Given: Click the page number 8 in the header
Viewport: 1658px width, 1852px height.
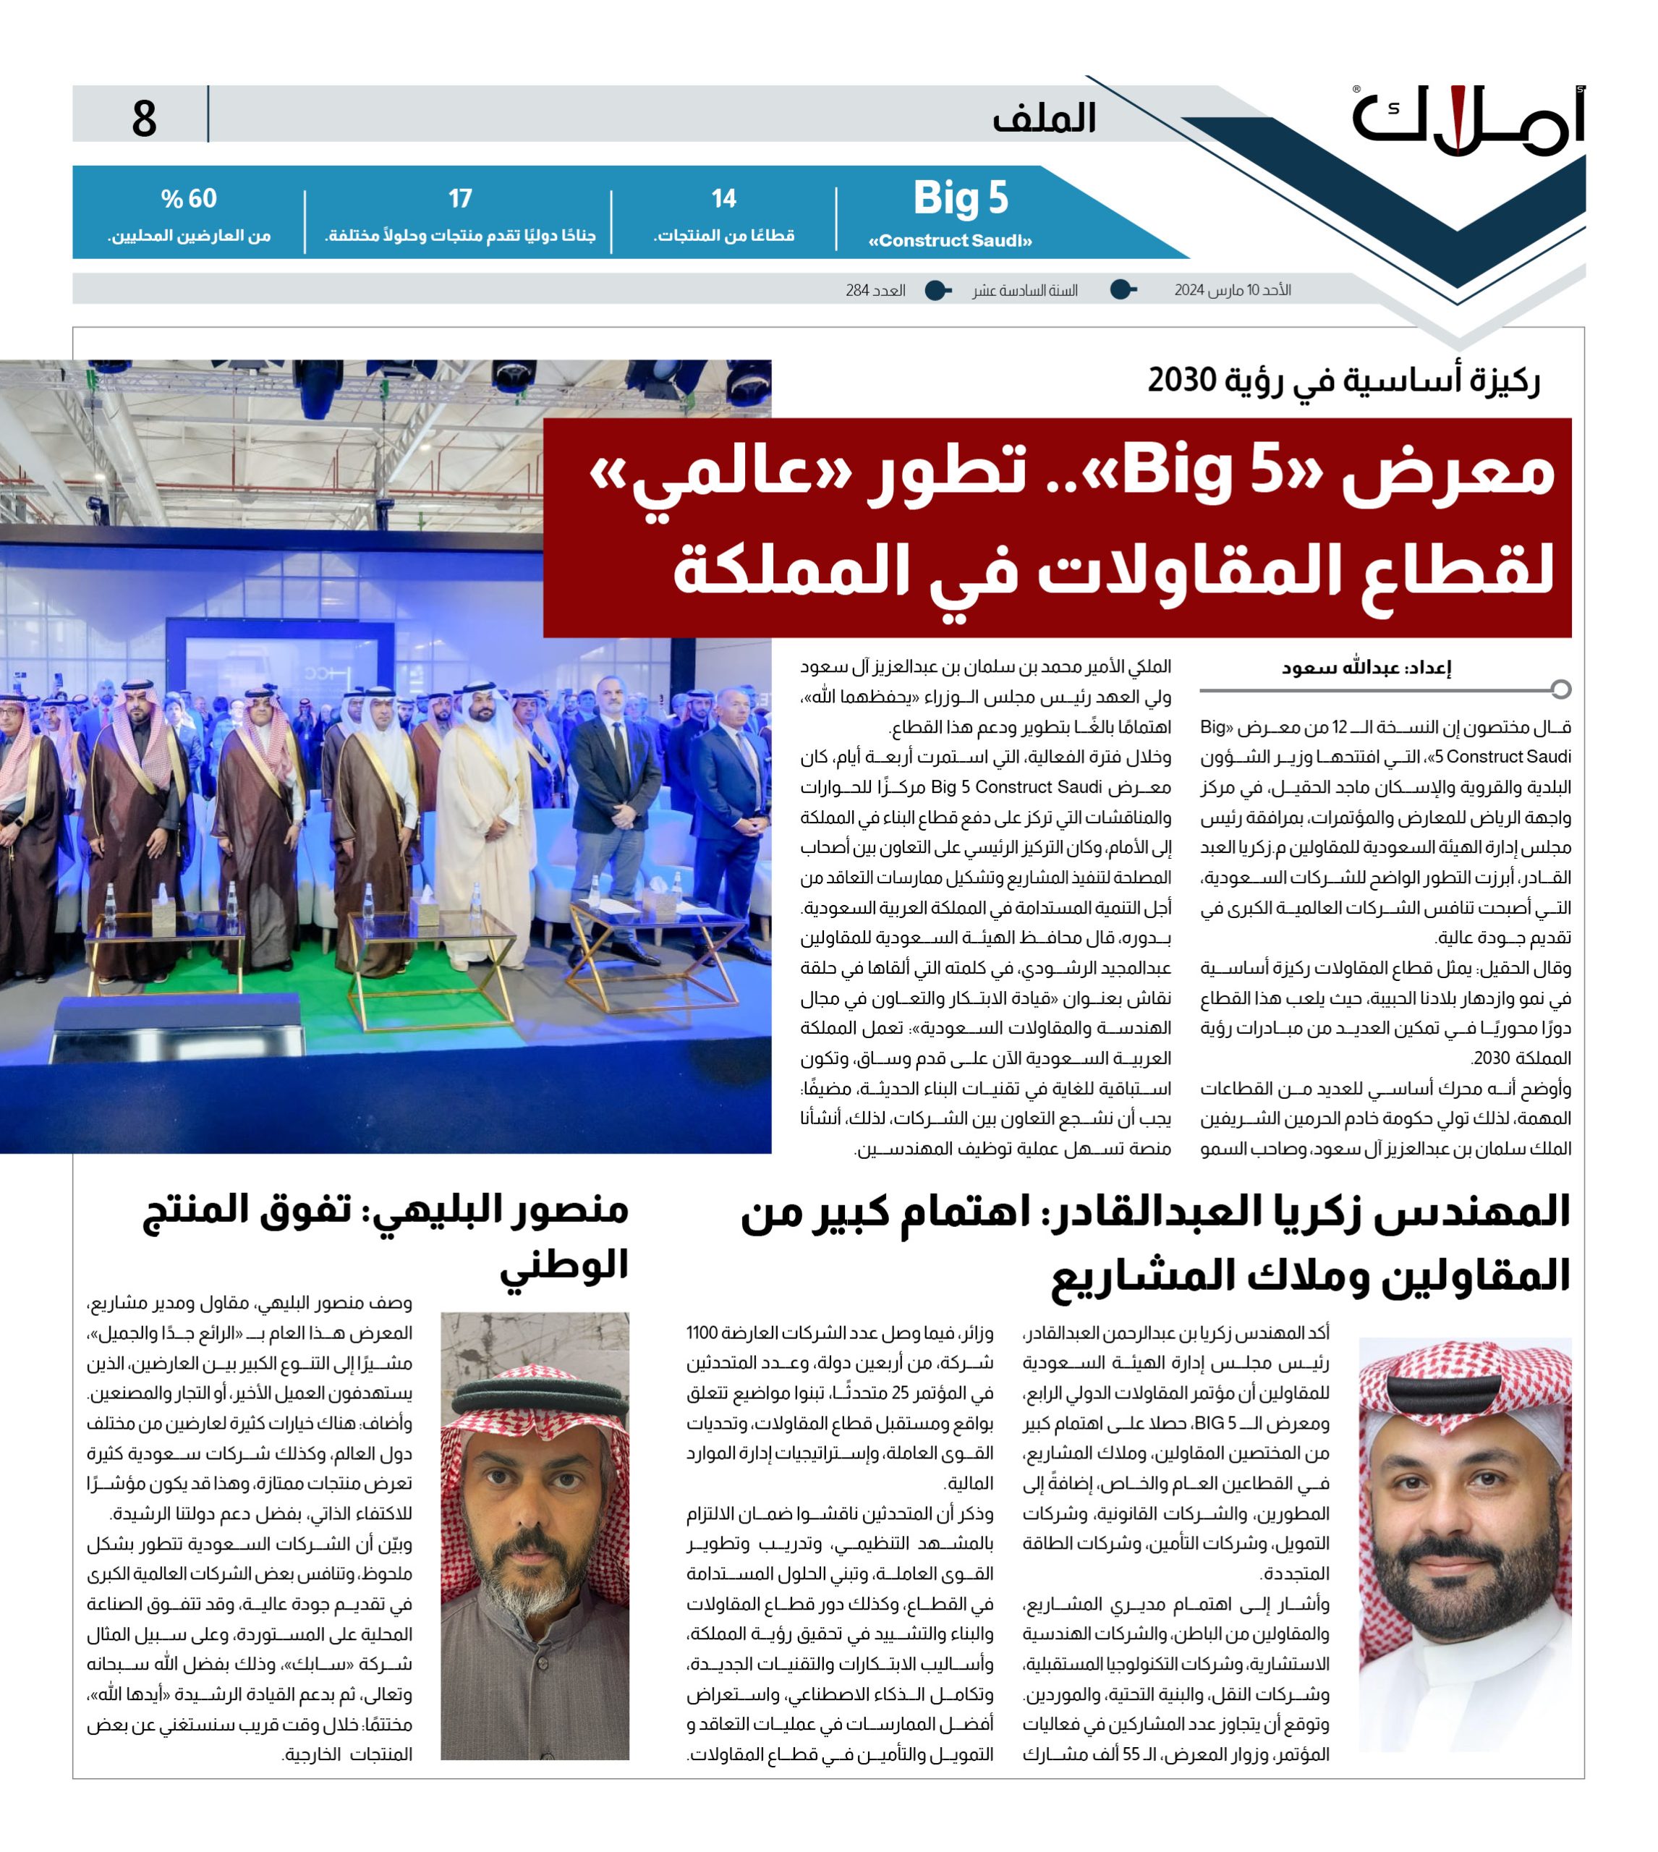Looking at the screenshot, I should pyautogui.click(x=144, y=119).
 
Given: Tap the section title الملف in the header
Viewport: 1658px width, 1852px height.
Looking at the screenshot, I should pyautogui.click(x=1044, y=119).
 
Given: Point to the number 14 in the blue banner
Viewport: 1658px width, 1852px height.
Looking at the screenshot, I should pyautogui.click(x=723, y=199).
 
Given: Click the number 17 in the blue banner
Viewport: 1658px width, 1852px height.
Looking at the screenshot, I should pyautogui.click(x=460, y=199).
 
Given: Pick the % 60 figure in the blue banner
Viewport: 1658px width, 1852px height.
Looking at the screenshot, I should pyautogui.click(x=189, y=199).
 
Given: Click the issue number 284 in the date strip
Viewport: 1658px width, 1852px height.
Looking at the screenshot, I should pyautogui.click(x=857, y=291).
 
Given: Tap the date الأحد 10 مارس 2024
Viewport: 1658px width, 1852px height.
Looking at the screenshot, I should pyautogui.click(x=1232, y=291).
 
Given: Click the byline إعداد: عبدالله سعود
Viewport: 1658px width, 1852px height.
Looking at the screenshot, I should pyautogui.click(x=1366, y=667).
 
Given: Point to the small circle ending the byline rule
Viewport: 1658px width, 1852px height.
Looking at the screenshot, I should pyautogui.click(x=1560, y=689).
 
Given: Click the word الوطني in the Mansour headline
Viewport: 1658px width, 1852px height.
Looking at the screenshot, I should pyautogui.click(x=564, y=1265).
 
